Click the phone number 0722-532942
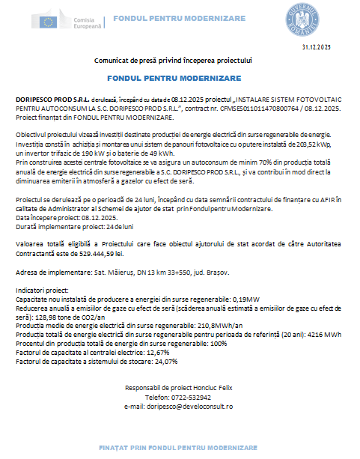[x=188, y=397]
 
